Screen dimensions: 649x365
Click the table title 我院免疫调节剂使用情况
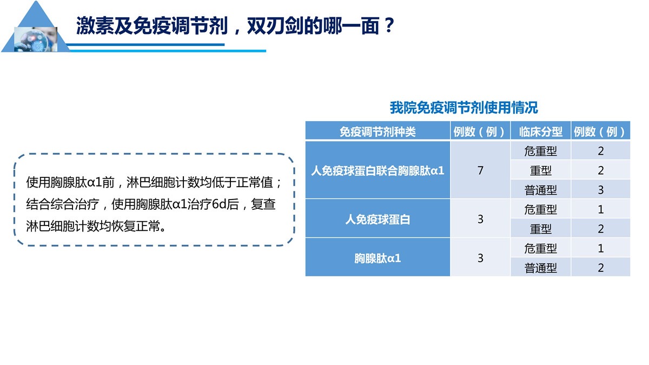[463, 108]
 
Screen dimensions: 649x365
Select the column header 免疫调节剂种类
[378, 132]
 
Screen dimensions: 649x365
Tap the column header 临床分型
[541, 132]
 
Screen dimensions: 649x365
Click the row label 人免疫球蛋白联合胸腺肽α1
[378, 171]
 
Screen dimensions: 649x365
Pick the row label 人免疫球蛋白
[378, 220]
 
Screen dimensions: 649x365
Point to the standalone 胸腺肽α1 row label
[378, 258]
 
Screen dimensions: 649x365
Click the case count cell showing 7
[480, 170]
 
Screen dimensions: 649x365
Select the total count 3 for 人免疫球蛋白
[480, 220]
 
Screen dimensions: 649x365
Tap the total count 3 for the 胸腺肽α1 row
[480, 258]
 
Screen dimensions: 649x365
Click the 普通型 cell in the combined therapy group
[541, 190]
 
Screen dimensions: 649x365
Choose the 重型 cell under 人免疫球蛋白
[541, 229]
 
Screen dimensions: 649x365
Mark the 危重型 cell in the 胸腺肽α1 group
[541, 248]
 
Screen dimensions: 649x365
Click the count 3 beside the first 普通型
[601, 190]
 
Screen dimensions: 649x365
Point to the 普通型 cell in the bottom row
[541, 268]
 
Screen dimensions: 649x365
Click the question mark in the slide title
[390, 25]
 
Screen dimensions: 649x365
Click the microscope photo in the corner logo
[36, 39]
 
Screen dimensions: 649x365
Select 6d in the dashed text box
[219, 204]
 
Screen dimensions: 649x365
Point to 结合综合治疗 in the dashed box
[63, 204]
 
